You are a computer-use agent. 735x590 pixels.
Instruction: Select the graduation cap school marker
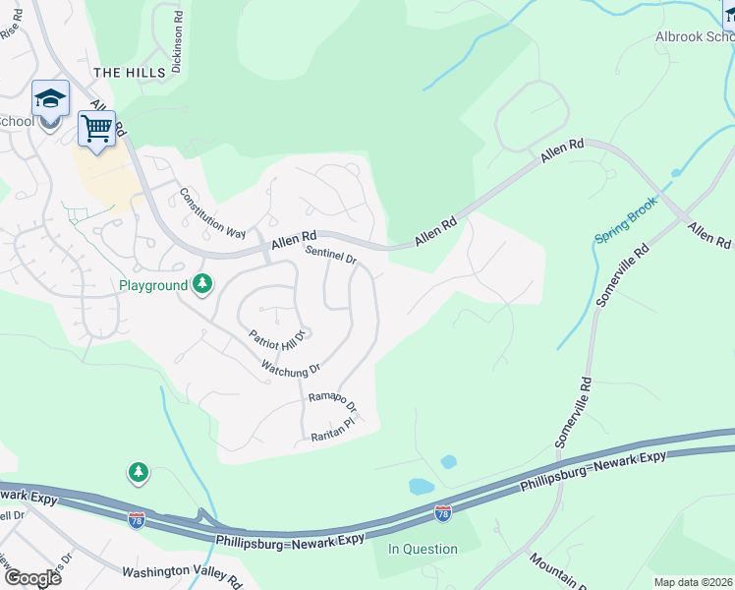50,98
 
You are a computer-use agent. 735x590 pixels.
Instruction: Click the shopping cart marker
96,129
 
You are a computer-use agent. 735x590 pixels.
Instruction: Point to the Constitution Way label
212,213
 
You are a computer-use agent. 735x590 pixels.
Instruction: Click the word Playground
152,285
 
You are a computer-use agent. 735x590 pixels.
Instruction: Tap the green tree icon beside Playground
202,284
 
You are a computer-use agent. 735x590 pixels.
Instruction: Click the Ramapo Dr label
332,401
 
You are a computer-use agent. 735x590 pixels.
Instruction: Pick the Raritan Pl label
331,429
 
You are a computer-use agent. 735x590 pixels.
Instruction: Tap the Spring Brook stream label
627,226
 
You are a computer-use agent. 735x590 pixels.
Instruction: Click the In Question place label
423,549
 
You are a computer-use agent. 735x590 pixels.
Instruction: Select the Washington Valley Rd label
182,575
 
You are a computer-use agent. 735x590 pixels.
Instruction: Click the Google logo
32,577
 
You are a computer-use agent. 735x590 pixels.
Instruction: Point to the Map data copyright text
693,582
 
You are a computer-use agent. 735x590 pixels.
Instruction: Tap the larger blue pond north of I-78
421,486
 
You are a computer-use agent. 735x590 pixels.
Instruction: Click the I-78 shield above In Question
443,512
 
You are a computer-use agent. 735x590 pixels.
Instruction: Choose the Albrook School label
695,37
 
